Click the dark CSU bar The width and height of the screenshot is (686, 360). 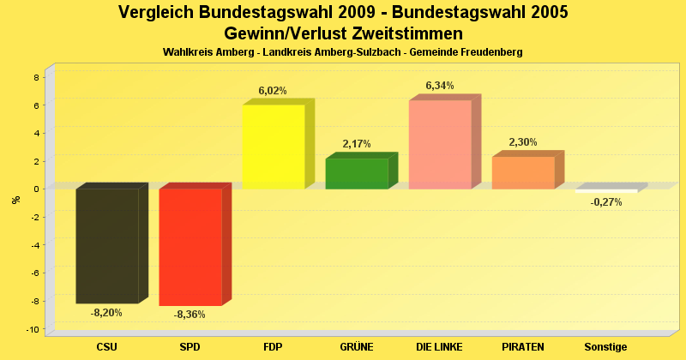click(107, 245)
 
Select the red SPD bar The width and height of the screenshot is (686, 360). click(190, 247)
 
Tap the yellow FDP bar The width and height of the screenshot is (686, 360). click(274, 147)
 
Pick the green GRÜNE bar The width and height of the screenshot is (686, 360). click(357, 173)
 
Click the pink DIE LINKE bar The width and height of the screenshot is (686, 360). click(440, 144)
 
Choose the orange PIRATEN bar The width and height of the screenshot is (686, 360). click(523, 172)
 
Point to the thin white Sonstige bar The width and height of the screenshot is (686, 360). click(606, 191)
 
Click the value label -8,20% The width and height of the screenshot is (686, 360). click(106, 313)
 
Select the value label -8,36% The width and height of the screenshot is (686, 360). click(190, 315)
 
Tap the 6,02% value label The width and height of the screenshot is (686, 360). click(273, 90)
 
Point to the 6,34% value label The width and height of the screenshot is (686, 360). click(440, 86)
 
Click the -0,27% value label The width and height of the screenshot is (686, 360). click(606, 201)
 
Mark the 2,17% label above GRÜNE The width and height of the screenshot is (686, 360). click(356, 144)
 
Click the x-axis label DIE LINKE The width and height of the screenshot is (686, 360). click(439, 346)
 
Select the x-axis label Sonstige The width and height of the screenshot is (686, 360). click(606, 346)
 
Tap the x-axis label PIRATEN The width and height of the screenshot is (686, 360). click(523, 346)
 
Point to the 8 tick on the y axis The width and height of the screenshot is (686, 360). click(35, 77)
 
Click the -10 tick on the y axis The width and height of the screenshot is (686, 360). click(33, 330)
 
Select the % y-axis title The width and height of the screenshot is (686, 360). click(15, 200)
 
